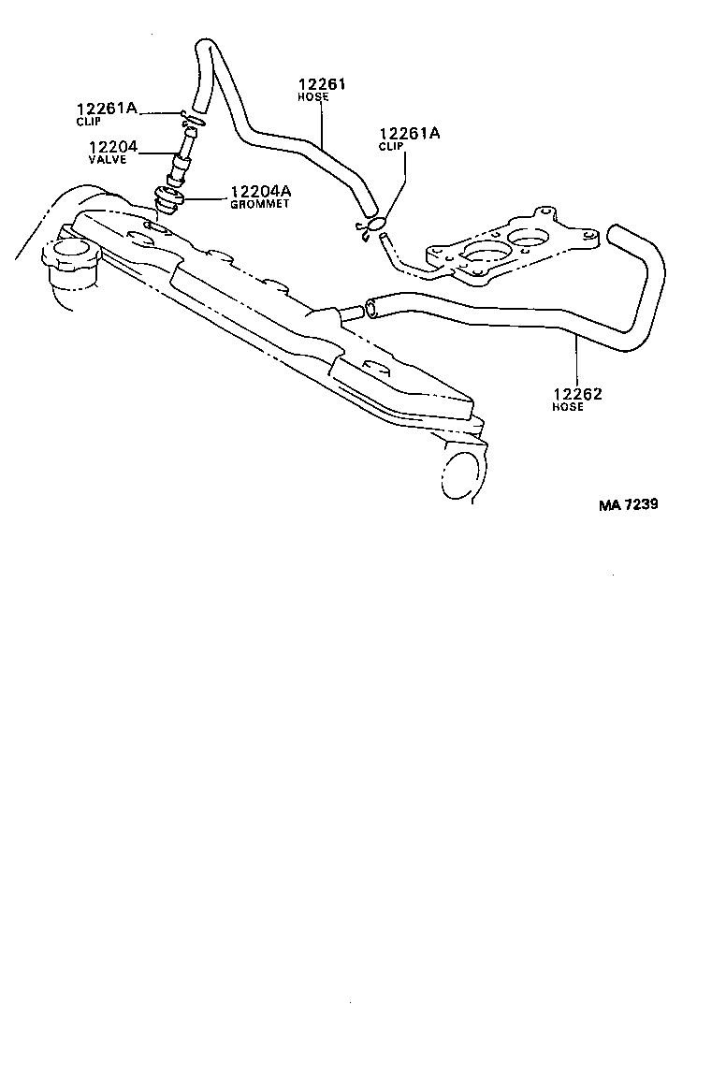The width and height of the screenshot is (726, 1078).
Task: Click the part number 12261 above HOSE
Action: (x=321, y=84)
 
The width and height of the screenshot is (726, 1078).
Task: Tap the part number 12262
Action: (x=577, y=394)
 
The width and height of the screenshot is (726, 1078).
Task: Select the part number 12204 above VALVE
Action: (x=113, y=147)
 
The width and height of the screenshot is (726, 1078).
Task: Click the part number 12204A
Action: (x=260, y=191)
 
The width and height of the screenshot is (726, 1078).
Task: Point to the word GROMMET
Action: (x=260, y=204)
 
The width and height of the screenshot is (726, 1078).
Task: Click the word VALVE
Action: (x=108, y=159)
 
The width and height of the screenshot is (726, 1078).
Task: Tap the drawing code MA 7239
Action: (x=628, y=504)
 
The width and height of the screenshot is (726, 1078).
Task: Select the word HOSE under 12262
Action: (x=567, y=407)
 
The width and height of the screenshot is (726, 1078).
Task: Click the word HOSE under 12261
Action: (x=313, y=97)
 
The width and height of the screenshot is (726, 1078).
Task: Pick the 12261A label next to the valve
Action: (x=107, y=108)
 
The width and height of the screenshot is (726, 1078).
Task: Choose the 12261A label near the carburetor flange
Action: (x=410, y=134)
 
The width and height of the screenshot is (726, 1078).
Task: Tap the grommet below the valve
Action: (x=167, y=199)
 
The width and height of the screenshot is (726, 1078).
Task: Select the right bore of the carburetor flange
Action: (x=530, y=240)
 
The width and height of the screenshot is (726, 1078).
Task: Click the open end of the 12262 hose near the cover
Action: (x=372, y=308)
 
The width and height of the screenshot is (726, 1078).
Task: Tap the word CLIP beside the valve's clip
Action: (x=88, y=121)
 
